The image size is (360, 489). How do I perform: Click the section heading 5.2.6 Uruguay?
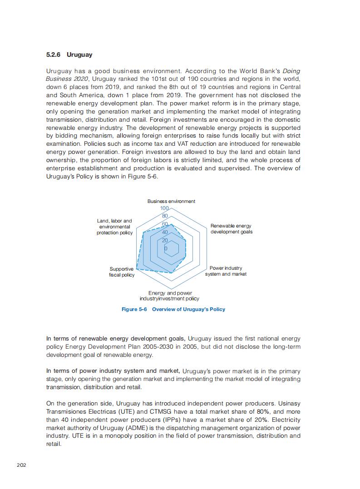[69, 55]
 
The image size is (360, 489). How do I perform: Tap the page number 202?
[21, 465]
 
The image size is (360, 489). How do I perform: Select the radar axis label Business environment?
[171, 201]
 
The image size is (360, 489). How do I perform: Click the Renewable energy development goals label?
[231, 229]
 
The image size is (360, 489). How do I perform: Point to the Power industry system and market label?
[226, 271]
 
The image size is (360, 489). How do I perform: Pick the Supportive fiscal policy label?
[122, 272]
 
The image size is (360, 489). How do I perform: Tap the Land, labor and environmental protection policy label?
[114, 227]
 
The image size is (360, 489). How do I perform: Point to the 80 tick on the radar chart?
[165, 216]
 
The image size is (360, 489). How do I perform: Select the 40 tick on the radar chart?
[165, 232]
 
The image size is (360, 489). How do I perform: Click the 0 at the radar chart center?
[166, 248]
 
